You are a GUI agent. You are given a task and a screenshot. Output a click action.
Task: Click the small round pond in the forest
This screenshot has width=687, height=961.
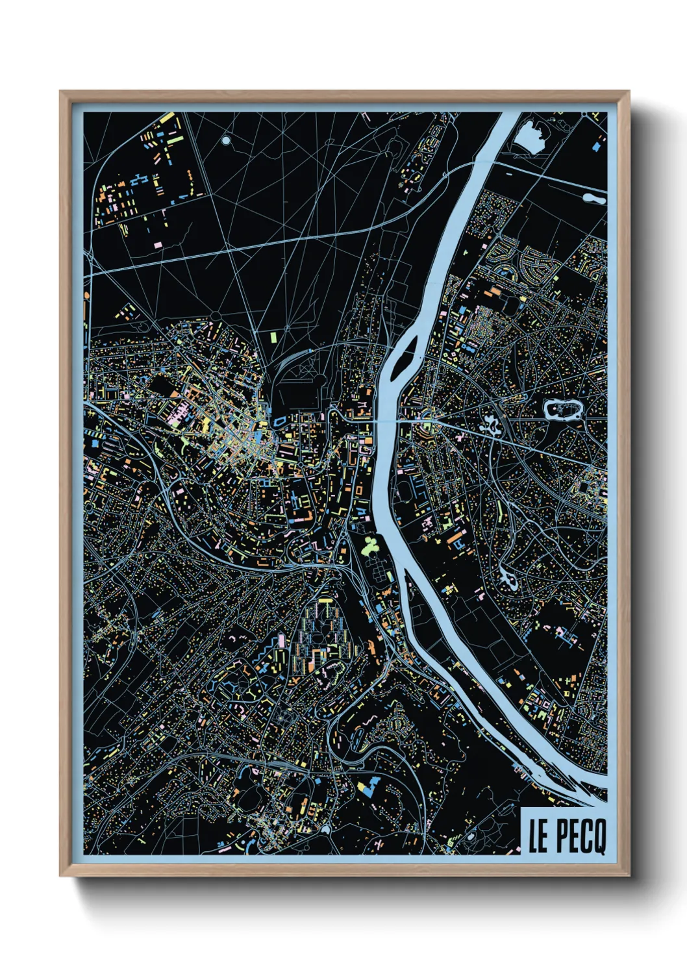click(x=225, y=140)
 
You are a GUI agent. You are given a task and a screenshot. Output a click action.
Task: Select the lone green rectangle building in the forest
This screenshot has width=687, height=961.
click(x=273, y=337)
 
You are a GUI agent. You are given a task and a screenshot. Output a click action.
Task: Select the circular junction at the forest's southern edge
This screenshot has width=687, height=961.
click(x=215, y=316)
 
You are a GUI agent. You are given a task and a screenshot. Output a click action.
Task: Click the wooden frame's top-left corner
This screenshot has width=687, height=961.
click(x=62, y=94)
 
